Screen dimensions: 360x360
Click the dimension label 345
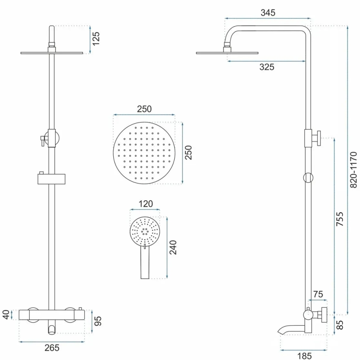tap(268, 12)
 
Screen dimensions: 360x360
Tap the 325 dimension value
tap(267, 67)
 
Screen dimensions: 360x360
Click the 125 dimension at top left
tap(97, 39)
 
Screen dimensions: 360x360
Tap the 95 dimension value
tap(98, 321)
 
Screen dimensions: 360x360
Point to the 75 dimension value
tap(318, 295)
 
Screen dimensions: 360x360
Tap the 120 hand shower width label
tap(145, 204)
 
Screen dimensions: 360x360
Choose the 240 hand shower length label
tap(173, 248)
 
